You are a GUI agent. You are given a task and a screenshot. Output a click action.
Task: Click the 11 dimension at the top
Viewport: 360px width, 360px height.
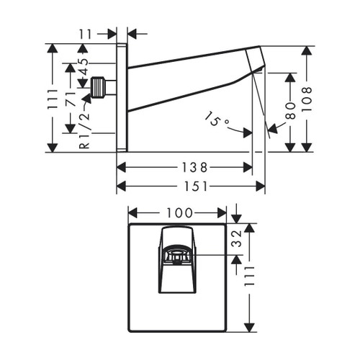85,32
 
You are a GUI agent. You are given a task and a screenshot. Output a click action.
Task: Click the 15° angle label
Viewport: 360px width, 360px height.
217,119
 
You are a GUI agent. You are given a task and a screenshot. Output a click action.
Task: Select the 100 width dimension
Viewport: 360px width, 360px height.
178,212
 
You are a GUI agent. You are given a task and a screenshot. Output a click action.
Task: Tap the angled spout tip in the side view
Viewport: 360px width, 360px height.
256,60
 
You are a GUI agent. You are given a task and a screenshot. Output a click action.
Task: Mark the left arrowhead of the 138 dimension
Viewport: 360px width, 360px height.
120,167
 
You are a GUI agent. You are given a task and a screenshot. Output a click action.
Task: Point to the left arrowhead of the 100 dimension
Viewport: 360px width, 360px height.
132,212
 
